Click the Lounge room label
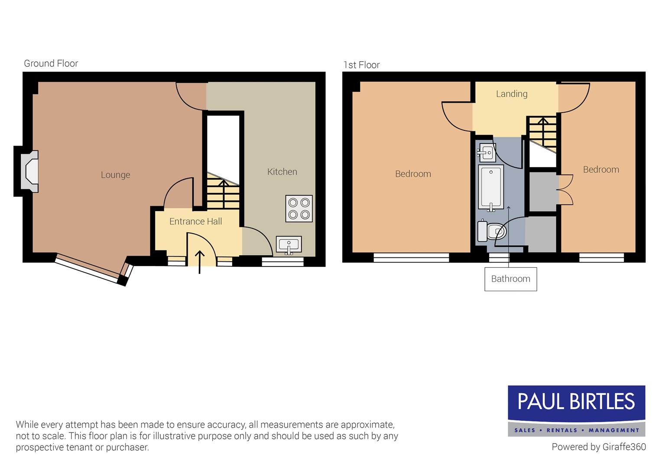pos(115,175)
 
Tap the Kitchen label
pos(282,172)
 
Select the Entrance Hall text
pos(195,221)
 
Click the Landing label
pos(512,94)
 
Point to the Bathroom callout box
pos(510,279)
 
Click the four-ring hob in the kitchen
pos(299,208)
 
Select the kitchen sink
pos(289,245)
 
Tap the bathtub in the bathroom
pos(491,187)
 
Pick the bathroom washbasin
pos(487,152)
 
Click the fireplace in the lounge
pos(29,171)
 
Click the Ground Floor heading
pos(51,64)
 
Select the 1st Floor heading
pos(361,65)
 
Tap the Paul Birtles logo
pos(576,410)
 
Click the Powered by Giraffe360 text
pos(598,447)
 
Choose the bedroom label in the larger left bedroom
pos(413,174)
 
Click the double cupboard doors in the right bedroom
pos(565,189)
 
